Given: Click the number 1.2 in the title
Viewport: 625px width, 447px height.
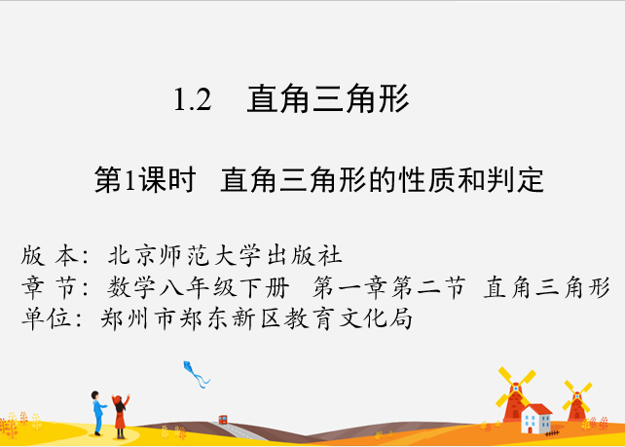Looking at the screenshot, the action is point(193,99).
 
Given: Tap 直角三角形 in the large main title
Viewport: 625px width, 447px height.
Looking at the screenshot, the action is point(328,98).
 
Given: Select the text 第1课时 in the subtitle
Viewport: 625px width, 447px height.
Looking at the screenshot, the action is point(145,180).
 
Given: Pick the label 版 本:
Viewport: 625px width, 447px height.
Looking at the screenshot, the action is point(55,255).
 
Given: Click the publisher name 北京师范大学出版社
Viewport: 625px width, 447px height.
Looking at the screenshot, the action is point(225,255).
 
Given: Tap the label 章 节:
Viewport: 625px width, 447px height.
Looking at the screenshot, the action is point(55,287).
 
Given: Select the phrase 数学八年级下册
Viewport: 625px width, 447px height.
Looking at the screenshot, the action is point(198,287).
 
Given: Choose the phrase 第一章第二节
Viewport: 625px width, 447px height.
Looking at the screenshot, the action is point(389,287).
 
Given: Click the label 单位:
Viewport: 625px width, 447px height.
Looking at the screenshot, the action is point(52,318).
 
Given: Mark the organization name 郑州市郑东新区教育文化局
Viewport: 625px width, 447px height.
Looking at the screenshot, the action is point(256,318).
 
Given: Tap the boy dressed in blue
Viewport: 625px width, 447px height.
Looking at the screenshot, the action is point(98,413).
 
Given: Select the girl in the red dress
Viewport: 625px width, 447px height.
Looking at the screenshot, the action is point(120,416).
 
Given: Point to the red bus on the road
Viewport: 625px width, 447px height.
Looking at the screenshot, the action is point(223,420).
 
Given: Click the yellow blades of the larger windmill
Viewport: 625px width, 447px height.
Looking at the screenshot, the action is point(516,388).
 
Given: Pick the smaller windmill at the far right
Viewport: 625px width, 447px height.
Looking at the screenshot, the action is point(576,401).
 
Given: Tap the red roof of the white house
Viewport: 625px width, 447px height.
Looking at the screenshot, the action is point(537,410).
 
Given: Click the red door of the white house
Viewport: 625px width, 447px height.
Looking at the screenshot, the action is point(530,429).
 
